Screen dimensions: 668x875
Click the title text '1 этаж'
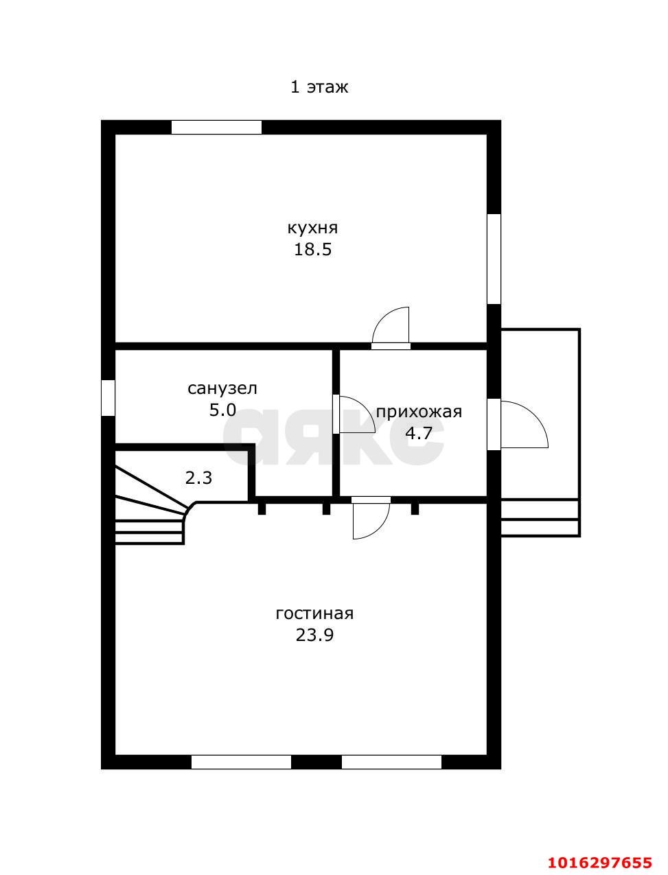[319, 87]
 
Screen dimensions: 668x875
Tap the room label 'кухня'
[312, 229]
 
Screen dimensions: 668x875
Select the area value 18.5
[313, 250]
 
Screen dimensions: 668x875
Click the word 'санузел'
[222, 388]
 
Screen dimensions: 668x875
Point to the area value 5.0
[223, 410]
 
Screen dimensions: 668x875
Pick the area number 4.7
[419, 432]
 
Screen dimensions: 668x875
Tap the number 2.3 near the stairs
[198, 478]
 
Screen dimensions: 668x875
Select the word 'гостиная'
[314, 614]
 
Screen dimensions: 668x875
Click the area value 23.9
[314, 635]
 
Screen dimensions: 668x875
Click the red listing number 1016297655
[600, 852]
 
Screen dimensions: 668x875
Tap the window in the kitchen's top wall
[216, 127]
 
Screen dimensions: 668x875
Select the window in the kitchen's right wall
[494, 259]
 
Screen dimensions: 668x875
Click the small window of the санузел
[108, 398]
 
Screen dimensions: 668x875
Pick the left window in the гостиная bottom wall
[241, 762]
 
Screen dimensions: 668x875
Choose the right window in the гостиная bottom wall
[391, 762]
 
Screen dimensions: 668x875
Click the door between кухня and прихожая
[391, 327]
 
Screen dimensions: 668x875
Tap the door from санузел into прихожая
[354, 414]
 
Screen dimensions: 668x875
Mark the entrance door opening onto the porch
[518, 424]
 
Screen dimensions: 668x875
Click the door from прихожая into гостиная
[371, 518]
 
